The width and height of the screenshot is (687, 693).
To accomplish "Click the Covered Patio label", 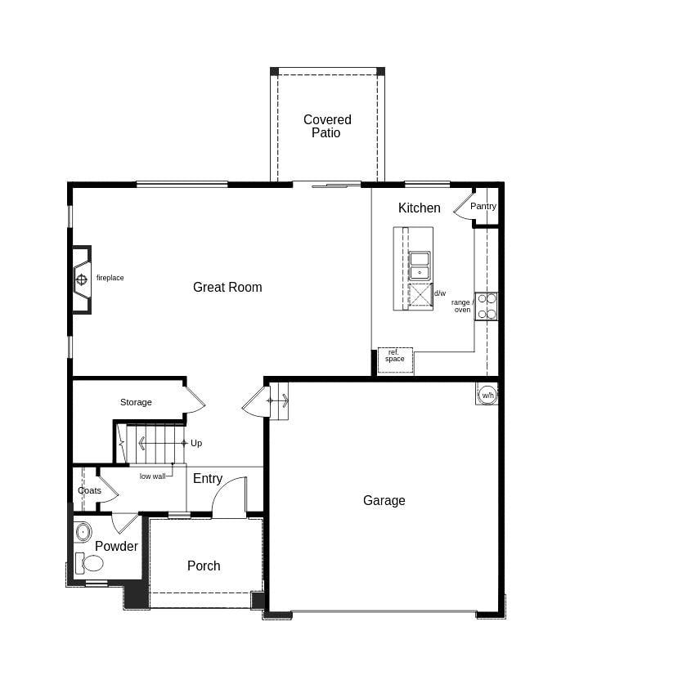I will tap(327, 126).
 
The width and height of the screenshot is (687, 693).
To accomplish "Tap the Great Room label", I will tap(227, 287).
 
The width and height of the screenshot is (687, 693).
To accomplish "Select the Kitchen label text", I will tap(419, 208).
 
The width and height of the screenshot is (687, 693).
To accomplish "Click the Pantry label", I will tap(483, 206).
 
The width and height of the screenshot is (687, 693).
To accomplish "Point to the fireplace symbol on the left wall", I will tap(81, 279).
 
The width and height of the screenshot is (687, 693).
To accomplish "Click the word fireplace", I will tap(110, 278).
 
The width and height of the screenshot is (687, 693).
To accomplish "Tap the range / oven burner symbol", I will tap(486, 306).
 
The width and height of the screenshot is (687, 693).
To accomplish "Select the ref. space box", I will tap(395, 356).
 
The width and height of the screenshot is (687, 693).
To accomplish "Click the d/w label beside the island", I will tap(440, 293).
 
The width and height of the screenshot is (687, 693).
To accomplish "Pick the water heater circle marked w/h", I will tap(487, 395).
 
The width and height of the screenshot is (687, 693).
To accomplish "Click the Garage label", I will tap(384, 500).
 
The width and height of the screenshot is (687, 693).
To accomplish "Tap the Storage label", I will tap(136, 402).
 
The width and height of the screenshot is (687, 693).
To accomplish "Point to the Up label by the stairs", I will tap(196, 443).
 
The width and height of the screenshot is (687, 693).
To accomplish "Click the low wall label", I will tap(152, 476).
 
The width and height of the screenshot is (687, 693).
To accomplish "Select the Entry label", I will tap(208, 479).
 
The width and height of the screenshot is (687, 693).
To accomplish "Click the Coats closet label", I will tap(89, 490).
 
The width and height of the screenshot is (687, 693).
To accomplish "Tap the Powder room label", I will tap(116, 546).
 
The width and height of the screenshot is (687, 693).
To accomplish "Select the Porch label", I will tap(204, 566).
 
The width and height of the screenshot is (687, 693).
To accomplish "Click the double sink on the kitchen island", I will tap(420, 266).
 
